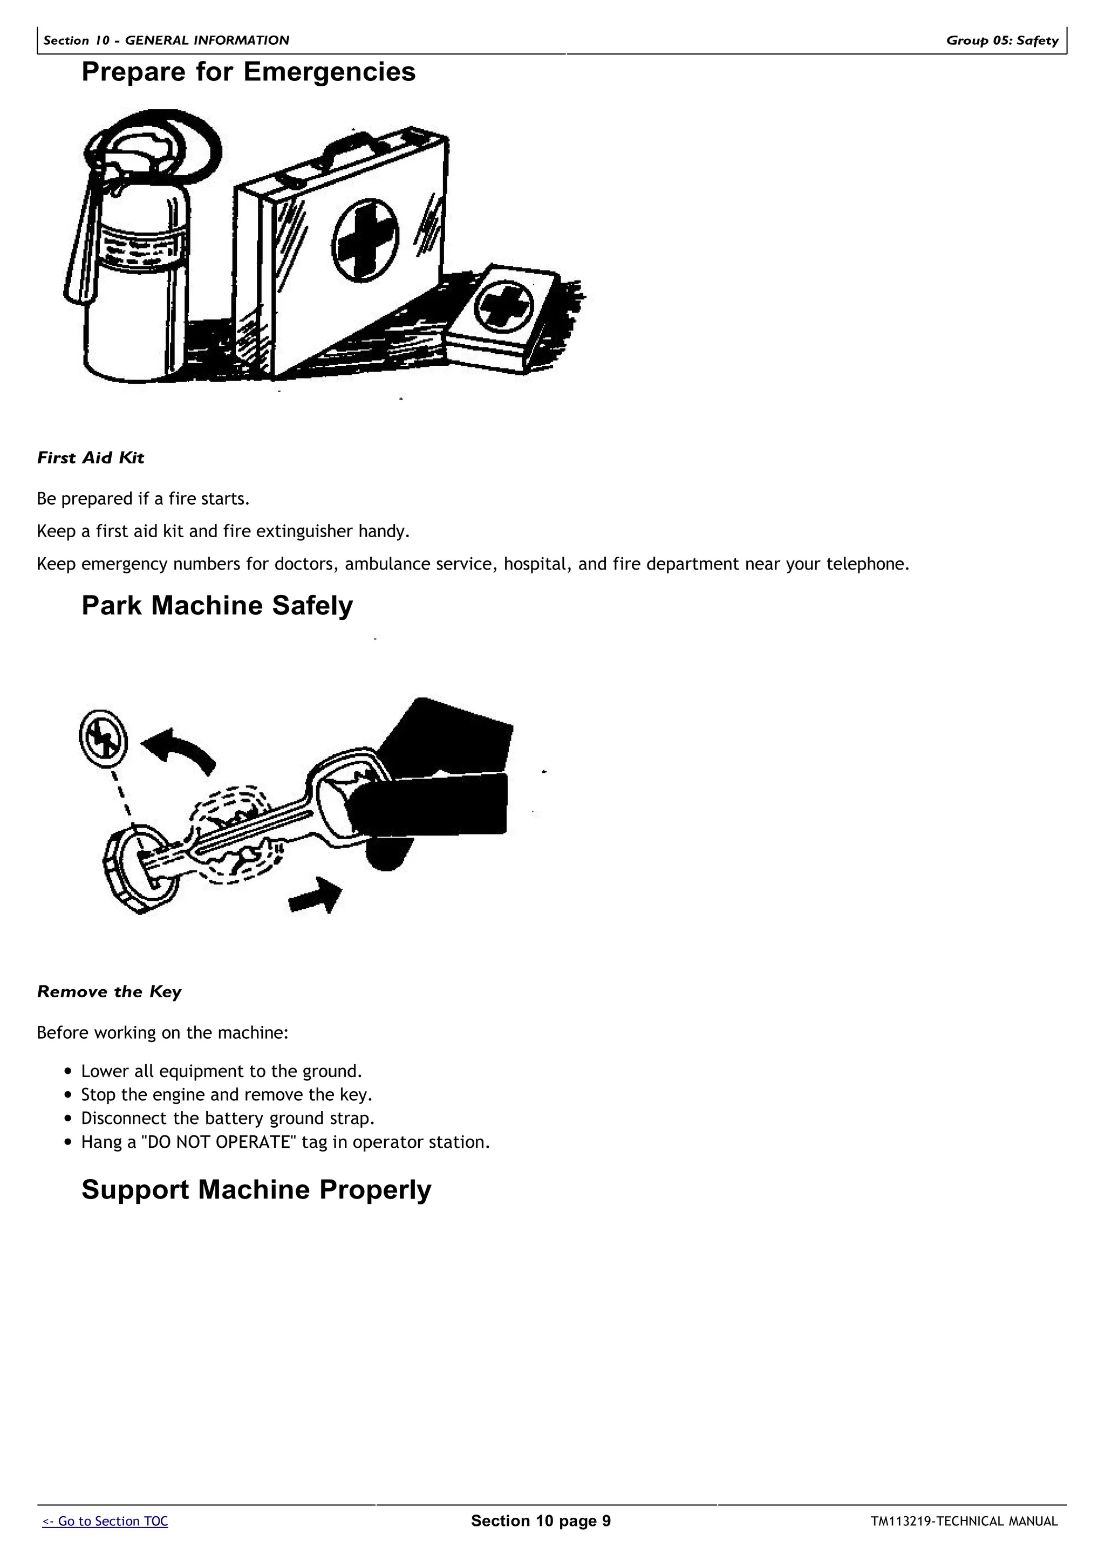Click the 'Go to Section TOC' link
point(105,1521)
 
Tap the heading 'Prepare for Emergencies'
point(248,72)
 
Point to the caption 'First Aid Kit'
point(91,458)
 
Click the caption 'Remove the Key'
point(109,991)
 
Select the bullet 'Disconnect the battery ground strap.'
point(228,1118)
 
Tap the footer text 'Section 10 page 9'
point(541,1520)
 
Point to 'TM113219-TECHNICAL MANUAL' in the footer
point(964,1521)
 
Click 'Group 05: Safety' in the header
point(1001,40)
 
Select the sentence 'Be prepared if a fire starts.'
point(144,499)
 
